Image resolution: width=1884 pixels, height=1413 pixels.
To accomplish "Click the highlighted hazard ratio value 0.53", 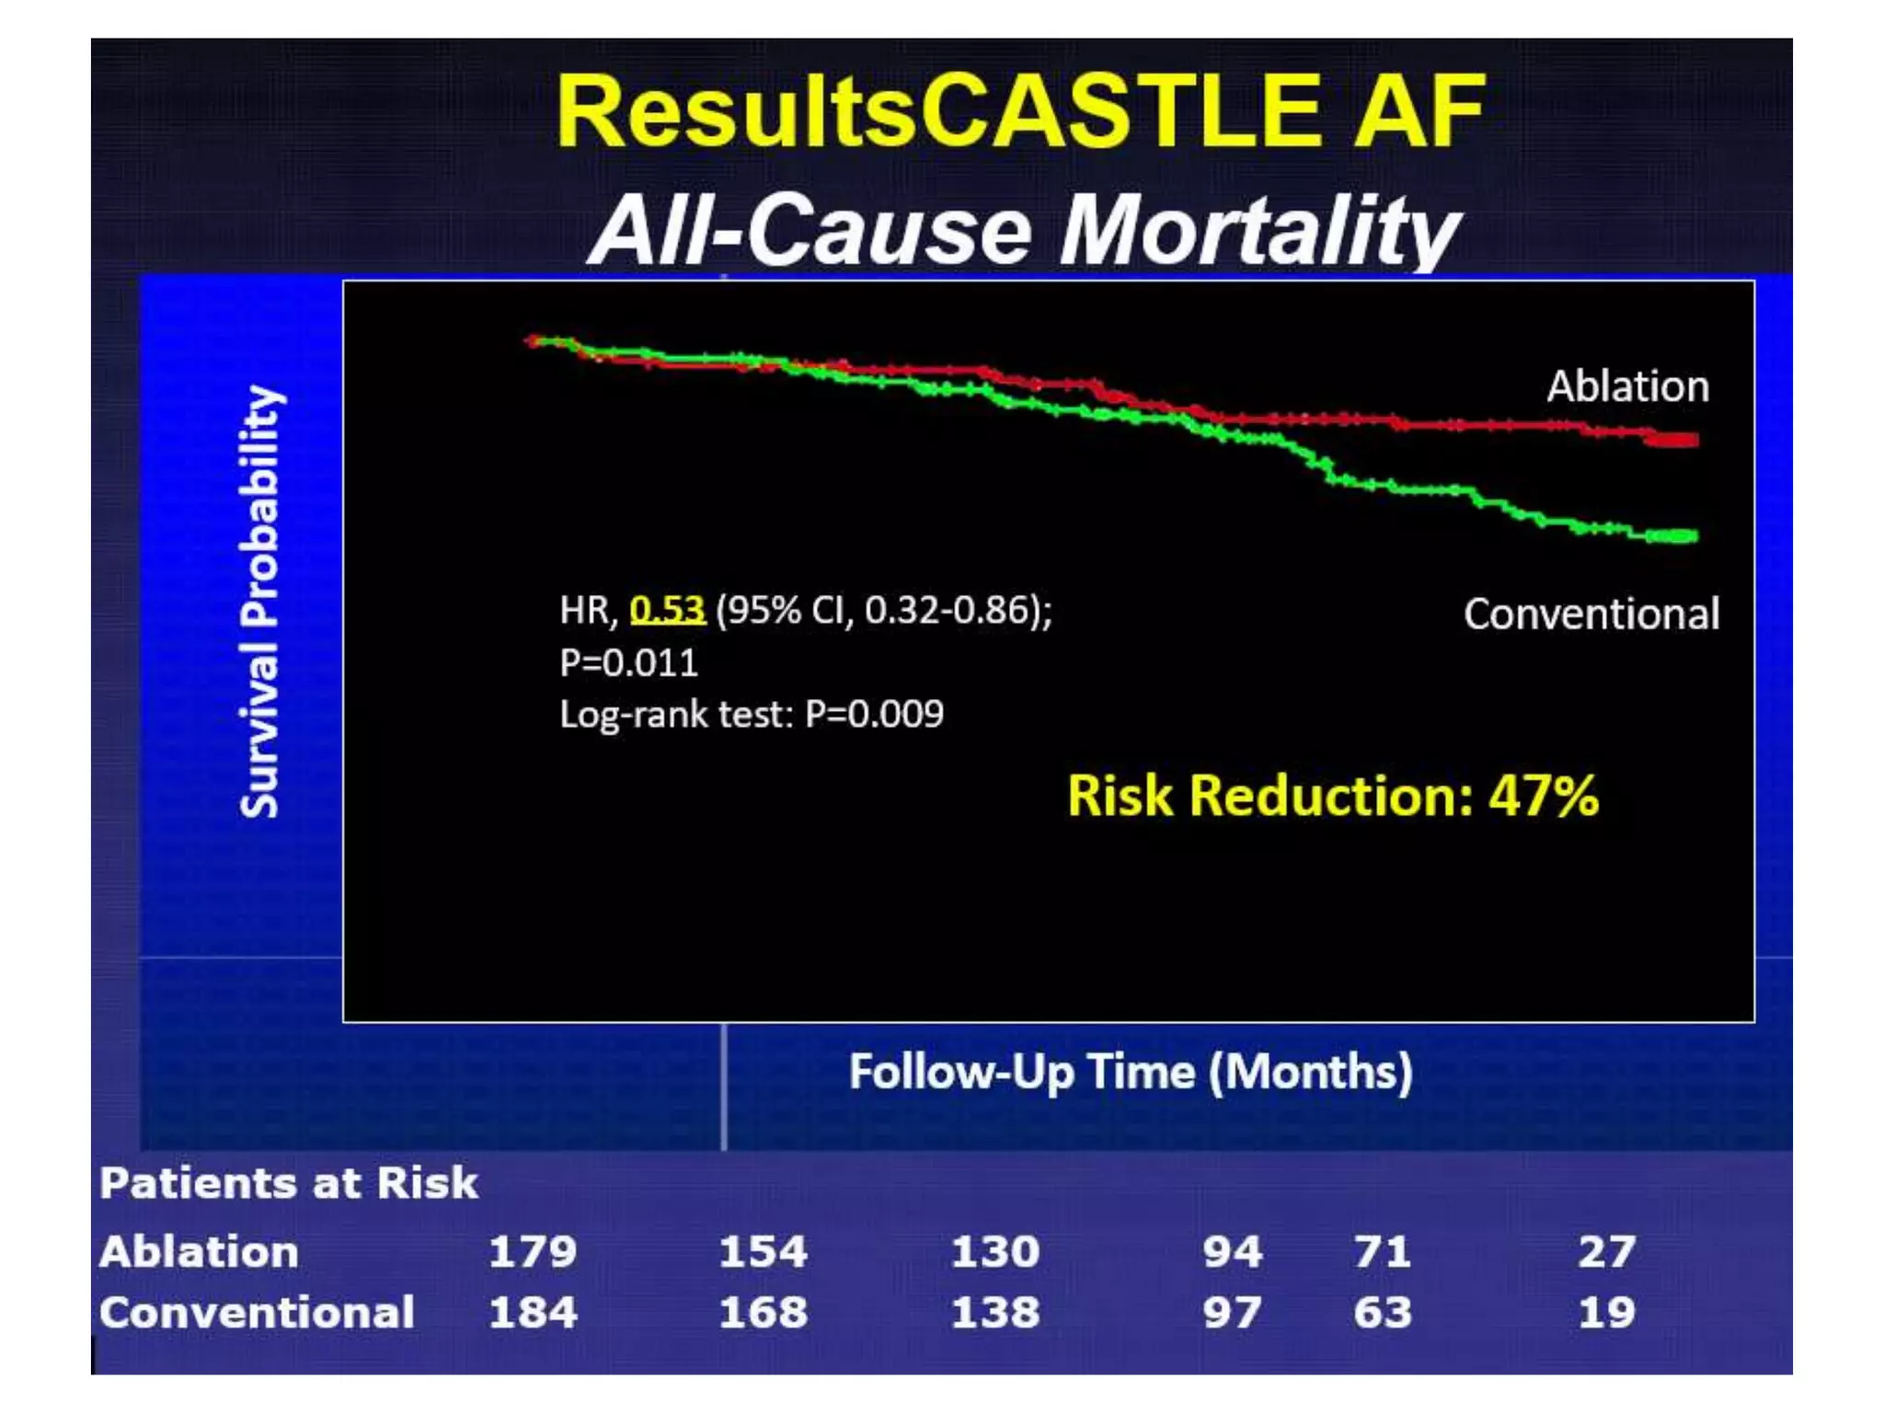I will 667,610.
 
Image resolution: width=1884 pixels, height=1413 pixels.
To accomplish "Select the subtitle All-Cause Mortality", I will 1023,230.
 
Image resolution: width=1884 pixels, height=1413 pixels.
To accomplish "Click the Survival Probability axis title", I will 260,602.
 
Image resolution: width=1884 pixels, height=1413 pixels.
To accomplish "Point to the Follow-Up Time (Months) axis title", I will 1131,1072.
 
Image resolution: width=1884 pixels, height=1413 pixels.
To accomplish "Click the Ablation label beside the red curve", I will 1627,386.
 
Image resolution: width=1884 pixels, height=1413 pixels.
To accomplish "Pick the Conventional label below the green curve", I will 1591,615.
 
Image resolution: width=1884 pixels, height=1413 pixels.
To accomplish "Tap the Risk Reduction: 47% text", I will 1332,796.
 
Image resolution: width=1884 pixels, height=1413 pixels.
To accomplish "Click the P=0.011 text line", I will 629,663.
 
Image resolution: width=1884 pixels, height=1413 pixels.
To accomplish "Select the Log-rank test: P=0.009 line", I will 752,715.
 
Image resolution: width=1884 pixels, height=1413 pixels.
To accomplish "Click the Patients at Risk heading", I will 289,1183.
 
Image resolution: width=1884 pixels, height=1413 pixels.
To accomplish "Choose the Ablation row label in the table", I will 199,1252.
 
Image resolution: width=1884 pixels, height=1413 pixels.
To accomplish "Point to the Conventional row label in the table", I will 257,1313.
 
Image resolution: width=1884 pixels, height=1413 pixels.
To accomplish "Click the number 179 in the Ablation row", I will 533,1252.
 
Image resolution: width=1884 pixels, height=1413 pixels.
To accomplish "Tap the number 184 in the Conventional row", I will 533,1313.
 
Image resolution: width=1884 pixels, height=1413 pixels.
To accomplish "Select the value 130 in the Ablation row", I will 994,1252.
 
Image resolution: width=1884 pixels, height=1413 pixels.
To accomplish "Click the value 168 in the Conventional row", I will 763,1313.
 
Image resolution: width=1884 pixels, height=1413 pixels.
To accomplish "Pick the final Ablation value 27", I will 1606,1252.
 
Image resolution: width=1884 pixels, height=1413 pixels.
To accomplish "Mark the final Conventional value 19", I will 1606,1313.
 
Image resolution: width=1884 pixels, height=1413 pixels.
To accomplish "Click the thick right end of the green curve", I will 1672,536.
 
